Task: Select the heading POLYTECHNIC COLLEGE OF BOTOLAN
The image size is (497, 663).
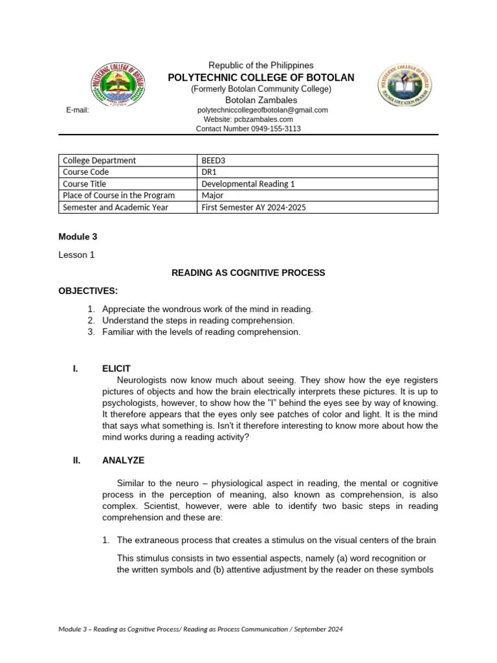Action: click(261, 78)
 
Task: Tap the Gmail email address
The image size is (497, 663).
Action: click(262, 110)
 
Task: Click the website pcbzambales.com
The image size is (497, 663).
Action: click(248, 119)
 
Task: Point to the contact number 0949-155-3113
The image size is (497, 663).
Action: click(248, 129)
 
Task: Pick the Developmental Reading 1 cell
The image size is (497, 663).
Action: click(248, 184)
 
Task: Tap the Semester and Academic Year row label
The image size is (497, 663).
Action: click(115, 207)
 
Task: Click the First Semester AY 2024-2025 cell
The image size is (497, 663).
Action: click(254, 207)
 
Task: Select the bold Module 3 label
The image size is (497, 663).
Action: click(78, 238)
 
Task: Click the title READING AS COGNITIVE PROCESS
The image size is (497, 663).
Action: click(248, 273)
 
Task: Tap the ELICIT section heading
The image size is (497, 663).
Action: click(116, 368)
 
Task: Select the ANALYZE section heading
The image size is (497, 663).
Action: click(123, 460)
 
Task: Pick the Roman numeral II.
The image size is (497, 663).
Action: click(75, 460)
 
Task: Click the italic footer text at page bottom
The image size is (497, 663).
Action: click(201, 629)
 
